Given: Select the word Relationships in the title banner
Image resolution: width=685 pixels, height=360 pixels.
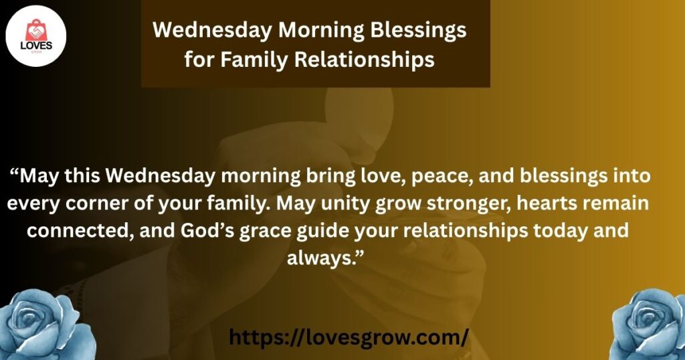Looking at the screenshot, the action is (365, 60).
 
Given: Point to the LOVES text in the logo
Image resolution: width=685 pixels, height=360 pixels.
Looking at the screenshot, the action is (36, 46).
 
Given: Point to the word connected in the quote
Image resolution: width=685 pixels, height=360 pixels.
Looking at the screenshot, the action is (80, 230).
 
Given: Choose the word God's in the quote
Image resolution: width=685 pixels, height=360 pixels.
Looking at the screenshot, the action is (207, 230).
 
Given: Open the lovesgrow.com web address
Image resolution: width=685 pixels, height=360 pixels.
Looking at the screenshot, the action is (348, 337).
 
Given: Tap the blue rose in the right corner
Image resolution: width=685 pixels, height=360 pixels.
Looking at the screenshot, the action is (648, 324).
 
